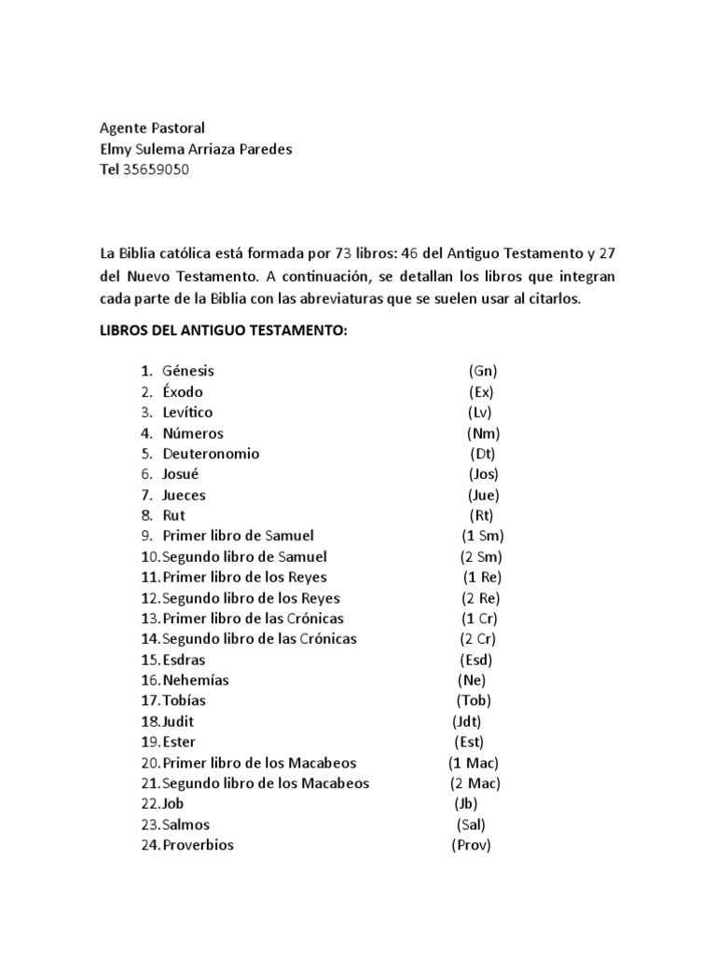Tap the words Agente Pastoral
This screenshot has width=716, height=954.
(x=152, y=128)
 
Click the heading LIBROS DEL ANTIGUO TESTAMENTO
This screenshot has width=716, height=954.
(x=223, y=332)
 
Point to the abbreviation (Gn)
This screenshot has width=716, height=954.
(x=484, y=371)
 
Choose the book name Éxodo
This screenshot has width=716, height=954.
(x=183, y=391)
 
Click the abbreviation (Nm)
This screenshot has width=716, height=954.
(x=484, y=433)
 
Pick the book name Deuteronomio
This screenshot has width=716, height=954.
(x=211, y=454)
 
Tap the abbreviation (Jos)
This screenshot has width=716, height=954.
(x=484, y=474)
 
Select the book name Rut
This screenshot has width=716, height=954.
(x=173, y=515)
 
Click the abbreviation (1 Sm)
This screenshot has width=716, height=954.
(x=482, y=536)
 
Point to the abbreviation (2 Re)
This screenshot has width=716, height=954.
(x=481, y=598)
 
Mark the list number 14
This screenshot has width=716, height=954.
(x=150, y=639)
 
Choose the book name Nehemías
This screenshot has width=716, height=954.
(x=195, y=680)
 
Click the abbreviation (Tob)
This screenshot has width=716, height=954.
(x=474, y=701)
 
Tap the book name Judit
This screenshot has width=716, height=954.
(x=178, y=721)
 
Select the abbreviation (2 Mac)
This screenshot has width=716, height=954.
(x=474, y=784)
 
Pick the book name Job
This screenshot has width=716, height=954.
(x=173, y=804)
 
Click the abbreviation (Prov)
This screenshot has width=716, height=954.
(x=471, y=845)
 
